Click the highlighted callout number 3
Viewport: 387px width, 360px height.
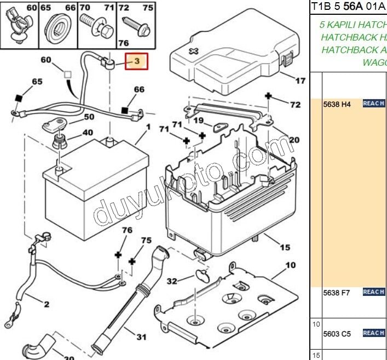[x=137, y=61]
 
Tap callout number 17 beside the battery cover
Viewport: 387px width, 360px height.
[x=300, y=82]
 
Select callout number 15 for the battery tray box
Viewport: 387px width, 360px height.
[x=285, y=248]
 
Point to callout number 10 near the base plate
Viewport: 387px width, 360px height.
[x=290, y=266]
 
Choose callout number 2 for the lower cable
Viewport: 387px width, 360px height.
[x=47, y=304]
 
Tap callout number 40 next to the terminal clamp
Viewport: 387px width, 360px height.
[x=88, y=133]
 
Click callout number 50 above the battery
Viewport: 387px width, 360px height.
[x=89, y=117]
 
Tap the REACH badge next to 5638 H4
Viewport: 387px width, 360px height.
[x=373, y=103]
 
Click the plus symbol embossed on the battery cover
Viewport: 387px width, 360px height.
[x=193, y=51]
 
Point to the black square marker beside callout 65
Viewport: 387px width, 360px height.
[x=18, y=98]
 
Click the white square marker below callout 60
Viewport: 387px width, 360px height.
[x=67, y=73]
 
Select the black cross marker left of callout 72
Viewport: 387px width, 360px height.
[x=268, y=96]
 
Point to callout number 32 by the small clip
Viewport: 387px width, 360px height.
[x=172, y=282]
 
